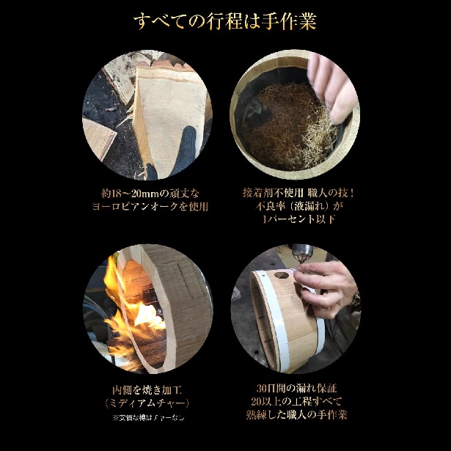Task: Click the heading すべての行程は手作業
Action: [x=225, y=21]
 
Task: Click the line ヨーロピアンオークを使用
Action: [x=150, y=207]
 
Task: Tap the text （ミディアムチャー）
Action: [x=150, y=403]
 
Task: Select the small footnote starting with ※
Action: [x=150, y=418]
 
